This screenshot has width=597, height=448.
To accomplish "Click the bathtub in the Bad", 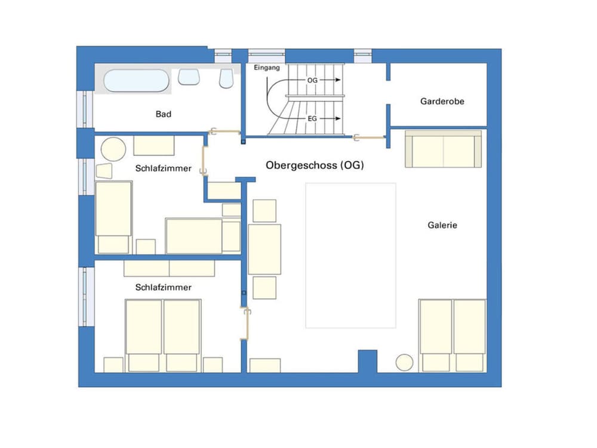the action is pyautogui.click(x=136, y=81).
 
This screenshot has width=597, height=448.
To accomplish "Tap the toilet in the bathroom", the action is pyautogui.click(x=226, y=78).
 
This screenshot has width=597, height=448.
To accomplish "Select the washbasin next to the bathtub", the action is pyautogui.click(x=189, y=77).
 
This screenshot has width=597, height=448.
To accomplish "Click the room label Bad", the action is pyautogui.click(x=164, y=114).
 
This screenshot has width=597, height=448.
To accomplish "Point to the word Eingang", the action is pyautogui.click(x=266, y=67).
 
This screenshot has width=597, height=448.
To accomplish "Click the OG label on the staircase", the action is pyautogui.click(x=312, y=80).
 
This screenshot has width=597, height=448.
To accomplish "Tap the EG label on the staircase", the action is pyautogui.click(x=312, y=118).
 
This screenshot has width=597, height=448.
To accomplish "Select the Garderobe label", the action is pyautogui.click(x=442, y=102).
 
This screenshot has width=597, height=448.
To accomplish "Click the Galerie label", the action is pyautogui.click(x=442, y=225).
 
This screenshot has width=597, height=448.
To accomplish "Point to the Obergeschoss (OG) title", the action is pyautogui.click(x=315, y=165).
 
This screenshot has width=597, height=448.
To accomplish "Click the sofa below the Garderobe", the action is pyautogui.click(x=443, y=149).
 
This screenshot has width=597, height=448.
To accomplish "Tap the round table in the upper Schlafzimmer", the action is pyautogui.click(x=113, y=149).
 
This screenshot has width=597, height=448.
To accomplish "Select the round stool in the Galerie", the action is pyautogui.click(x=404, y=363).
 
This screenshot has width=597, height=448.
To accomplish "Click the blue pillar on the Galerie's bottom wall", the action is pyautogui.click(x=367, y=361).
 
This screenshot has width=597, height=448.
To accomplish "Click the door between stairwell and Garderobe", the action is pyautogui.click(x=368, y=137).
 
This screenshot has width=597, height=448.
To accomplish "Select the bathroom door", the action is pyautogui.click(x=224, y=132).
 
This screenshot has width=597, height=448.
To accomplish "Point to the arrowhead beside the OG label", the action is pyautogui.click(x=338, y=80).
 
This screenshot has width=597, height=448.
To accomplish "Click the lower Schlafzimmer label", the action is pyautogui.click(x=164, y=287).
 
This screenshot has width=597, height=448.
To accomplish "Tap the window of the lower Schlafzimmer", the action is pyautogui.click(x=86, y=297).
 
